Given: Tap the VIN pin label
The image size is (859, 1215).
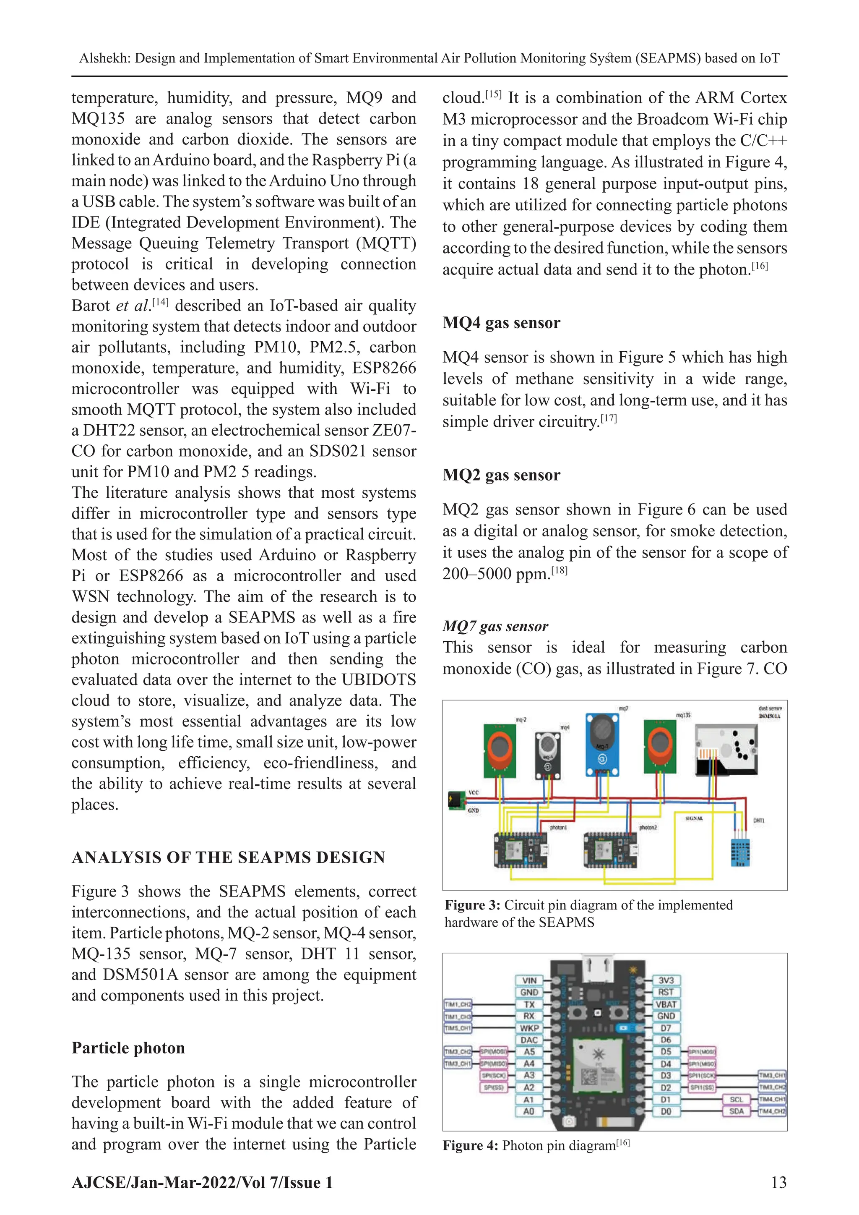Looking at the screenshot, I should (x=529, y=980).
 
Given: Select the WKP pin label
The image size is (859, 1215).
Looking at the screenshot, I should (x=529, y=1028).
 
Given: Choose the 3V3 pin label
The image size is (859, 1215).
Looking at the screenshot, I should (x=666, y=980).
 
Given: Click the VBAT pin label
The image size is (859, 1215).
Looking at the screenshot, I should (x=666, y=1004).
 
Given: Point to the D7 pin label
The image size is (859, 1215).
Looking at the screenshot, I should (x=666, y=1028).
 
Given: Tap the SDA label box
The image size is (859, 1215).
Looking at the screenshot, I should (x=736, y=1111).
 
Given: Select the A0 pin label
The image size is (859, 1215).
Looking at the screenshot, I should (x=529, y=1111).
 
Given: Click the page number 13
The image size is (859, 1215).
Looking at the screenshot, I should (x=778, y=1183).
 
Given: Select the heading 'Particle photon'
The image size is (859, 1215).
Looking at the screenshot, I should (x=128, y=1048).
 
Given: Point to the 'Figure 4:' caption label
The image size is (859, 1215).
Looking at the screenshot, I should (x=471, y=1146).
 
